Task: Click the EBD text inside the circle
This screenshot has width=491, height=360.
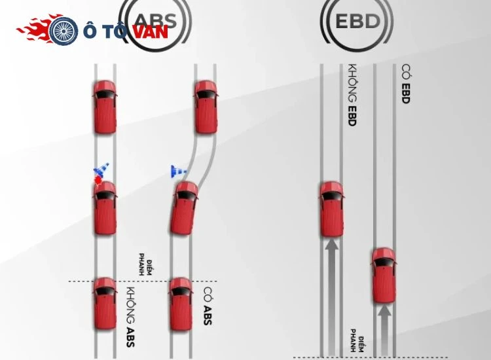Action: coord(357,22)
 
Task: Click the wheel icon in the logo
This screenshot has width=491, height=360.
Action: coord(64,31)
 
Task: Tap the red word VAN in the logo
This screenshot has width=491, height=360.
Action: coord(151,31)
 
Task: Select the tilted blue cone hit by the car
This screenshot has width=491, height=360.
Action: coord(101,170)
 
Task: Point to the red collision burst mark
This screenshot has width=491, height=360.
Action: coord(99,180)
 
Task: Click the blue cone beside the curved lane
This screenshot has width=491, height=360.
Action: coord(179,171)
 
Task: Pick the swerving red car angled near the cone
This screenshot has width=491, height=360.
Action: coord(184,208)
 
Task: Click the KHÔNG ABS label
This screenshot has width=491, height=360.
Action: coord(131,317)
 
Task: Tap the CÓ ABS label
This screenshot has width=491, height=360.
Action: coord(208,306)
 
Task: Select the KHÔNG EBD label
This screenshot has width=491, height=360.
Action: coord(353,95)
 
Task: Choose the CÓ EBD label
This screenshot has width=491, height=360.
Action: coord(405,84)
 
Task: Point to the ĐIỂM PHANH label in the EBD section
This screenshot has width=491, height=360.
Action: coord(357,340)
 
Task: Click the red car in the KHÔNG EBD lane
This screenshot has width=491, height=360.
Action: coord(332,209)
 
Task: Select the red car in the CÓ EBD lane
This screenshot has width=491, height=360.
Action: coord(384,276)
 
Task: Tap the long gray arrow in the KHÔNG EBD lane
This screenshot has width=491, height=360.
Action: coord(332,297)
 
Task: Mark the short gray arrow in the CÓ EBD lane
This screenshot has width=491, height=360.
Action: coord(384,331)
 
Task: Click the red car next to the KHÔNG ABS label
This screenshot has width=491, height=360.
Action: coord(105,304)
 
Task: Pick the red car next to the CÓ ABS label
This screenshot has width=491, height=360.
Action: coord(181,304)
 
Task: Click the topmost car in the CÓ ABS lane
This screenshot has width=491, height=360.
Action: coord(206,107)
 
